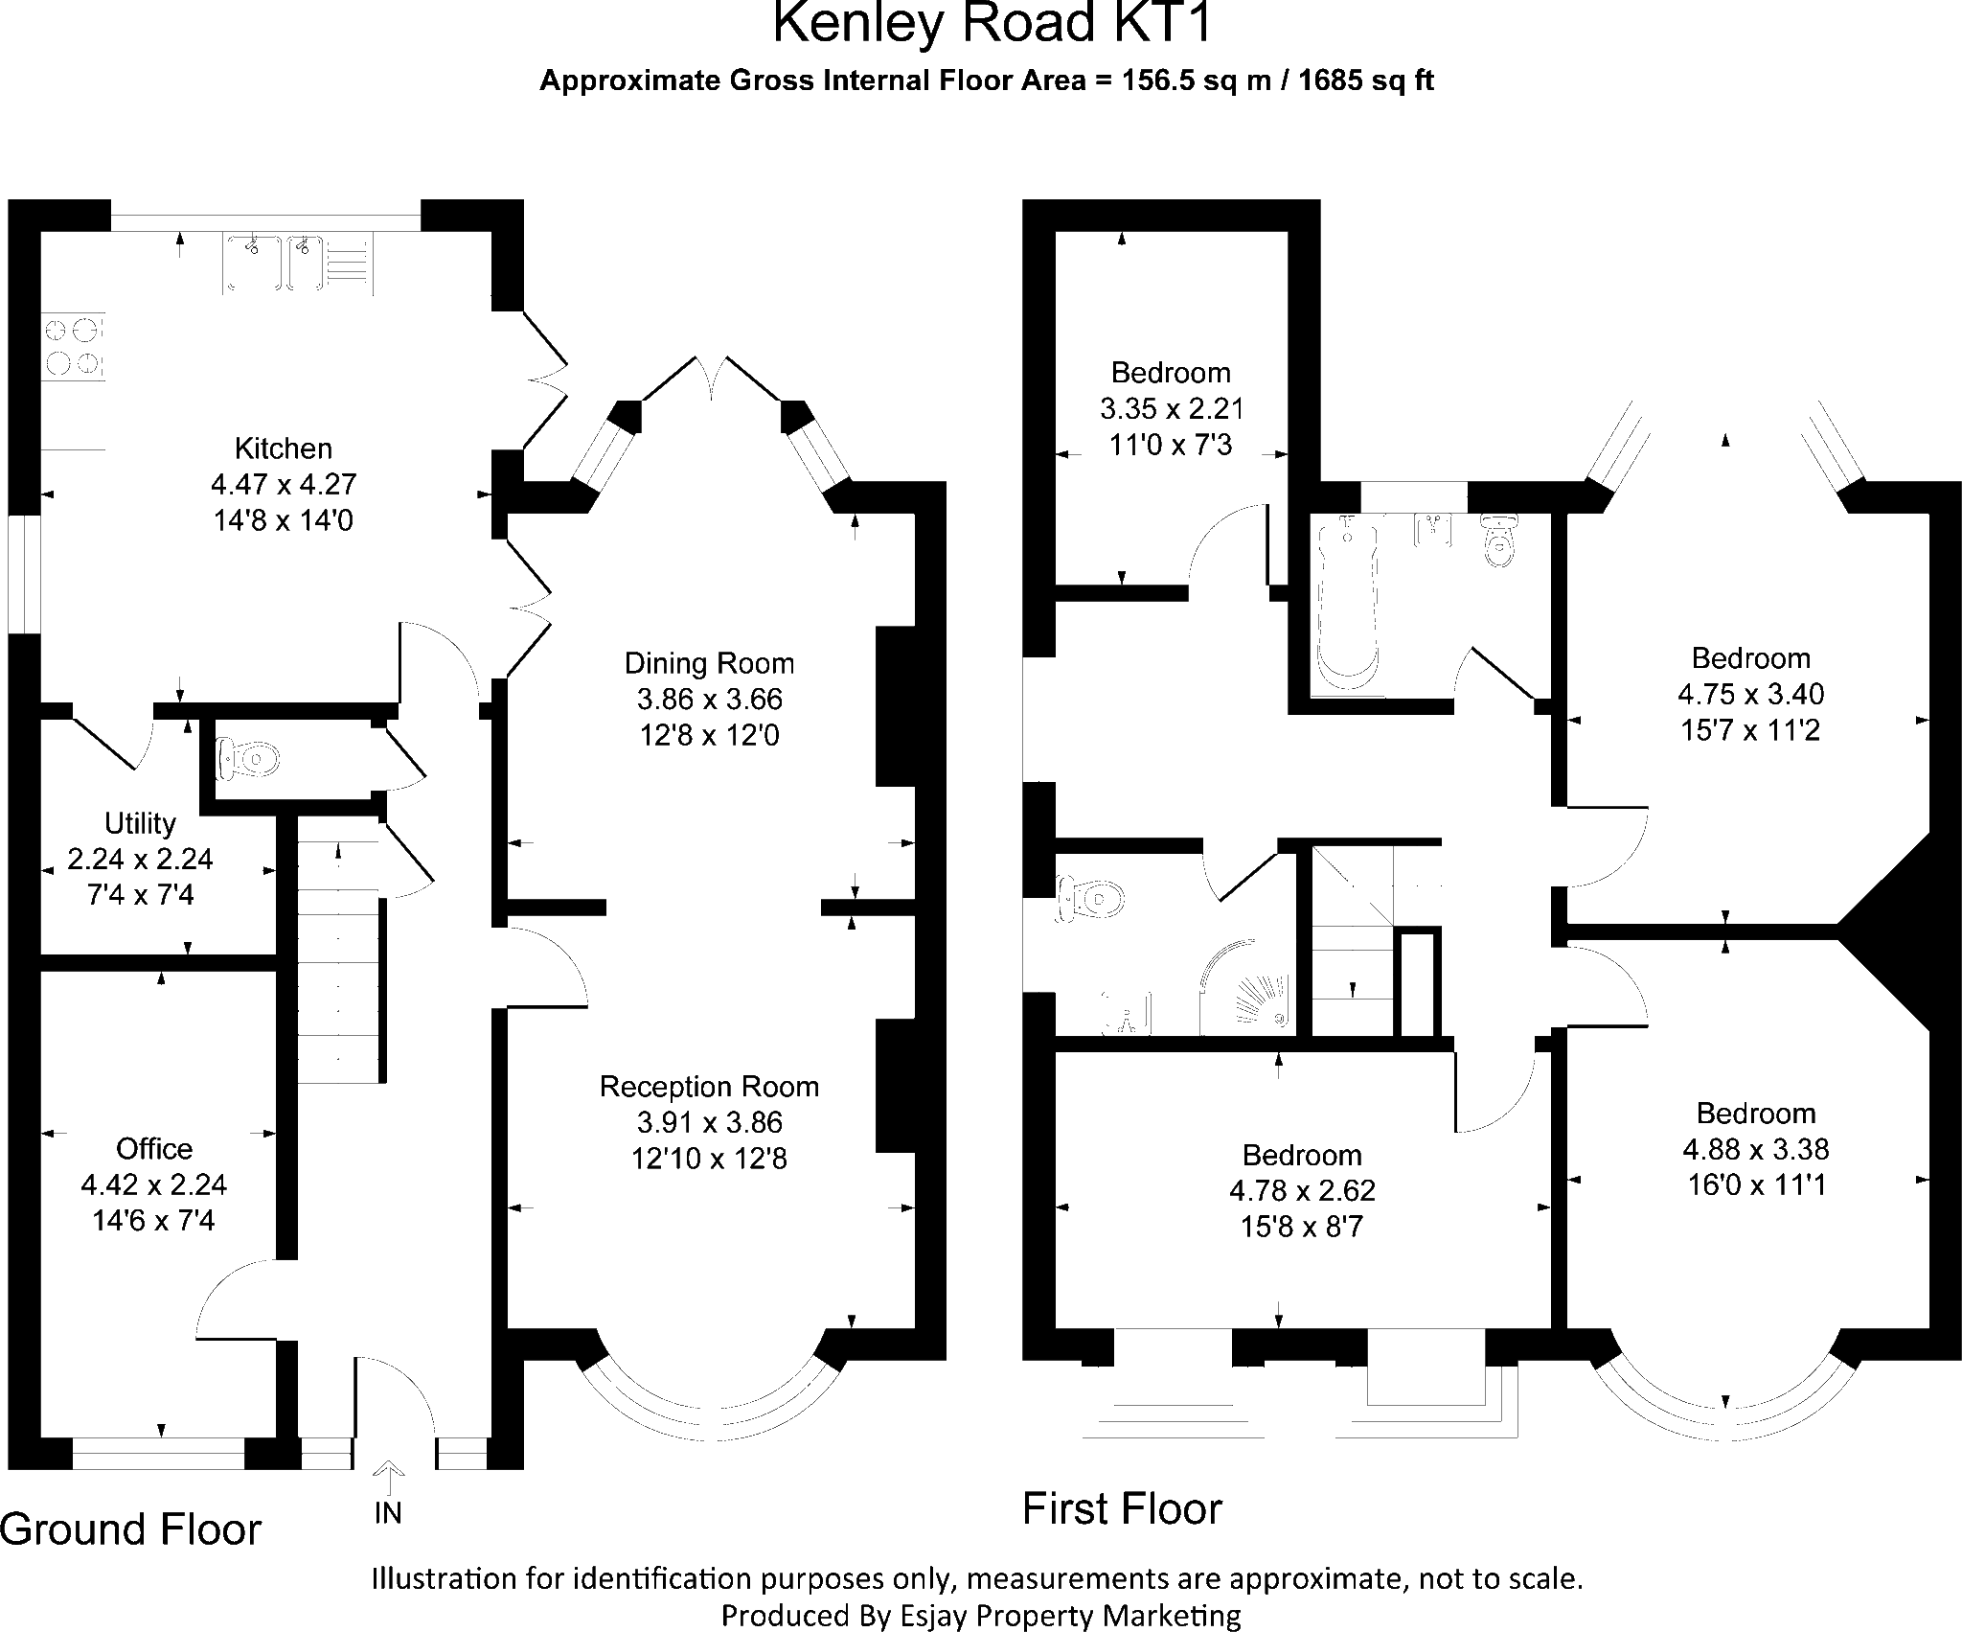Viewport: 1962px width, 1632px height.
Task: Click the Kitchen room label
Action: coord(284,448)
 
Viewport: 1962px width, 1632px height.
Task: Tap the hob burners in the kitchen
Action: coord(73,347)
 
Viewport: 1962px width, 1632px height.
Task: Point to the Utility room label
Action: coord(140,823)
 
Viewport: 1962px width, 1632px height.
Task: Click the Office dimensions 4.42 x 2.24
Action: coord(154,1184)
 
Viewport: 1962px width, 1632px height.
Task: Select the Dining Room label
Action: coord(709,663)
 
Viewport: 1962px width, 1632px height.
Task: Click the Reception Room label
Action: coord(709,1087)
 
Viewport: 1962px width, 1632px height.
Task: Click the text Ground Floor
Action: coord(130,1529)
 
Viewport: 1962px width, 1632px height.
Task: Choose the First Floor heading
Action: coord(1122,1508)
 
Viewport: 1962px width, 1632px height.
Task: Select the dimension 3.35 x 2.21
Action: coord(1171,409)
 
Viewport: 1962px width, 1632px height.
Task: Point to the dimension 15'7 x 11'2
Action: coord(1750,731)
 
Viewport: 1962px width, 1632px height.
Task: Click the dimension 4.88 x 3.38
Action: coord(1755,1149)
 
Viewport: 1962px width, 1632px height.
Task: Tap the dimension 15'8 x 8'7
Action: coord(1301,1227)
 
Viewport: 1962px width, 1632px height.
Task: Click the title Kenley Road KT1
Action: coord(992,24)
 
